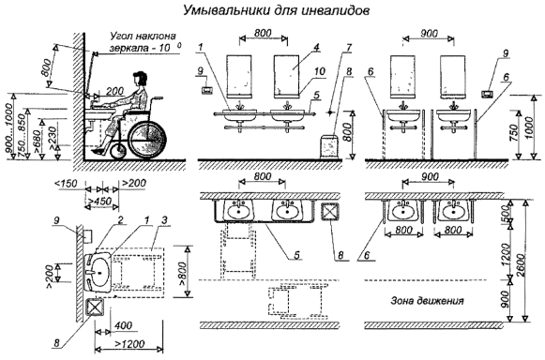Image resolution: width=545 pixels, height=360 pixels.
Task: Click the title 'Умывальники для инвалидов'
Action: [x=276, y=10]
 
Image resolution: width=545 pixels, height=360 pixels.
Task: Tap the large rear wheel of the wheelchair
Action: [x=147, y=140]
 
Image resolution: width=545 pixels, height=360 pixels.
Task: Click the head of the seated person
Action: [x=140, y=79]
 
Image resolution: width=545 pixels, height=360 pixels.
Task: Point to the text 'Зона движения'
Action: [x=428, y=300]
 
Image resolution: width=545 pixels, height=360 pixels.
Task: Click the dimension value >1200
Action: [x=129, y=343]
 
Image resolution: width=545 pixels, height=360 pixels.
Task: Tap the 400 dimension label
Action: [x=123, y=325]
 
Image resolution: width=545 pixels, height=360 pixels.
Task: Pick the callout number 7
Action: [x=349, y=47]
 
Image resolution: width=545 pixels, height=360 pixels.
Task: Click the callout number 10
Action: [x=320, y=71]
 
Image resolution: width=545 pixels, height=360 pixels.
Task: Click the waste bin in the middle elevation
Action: [x=329, y=147]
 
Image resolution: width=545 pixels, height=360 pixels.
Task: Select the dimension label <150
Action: [x=67, y=183]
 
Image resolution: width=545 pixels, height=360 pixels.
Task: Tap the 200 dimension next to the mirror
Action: [x=114, y=91]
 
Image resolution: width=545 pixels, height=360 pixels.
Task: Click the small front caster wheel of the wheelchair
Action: [x=118, y=152]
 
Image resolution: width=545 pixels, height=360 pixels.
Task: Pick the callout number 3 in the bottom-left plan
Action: [x=164, y=220]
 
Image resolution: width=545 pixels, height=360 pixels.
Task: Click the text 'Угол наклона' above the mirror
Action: [x=143, y=37]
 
